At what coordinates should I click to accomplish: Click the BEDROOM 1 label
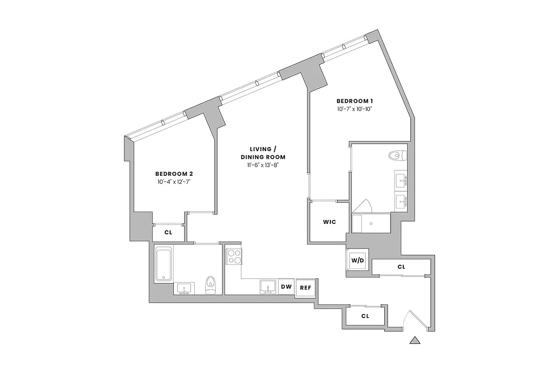[355, 101]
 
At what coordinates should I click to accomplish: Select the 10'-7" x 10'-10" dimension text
[355, 110]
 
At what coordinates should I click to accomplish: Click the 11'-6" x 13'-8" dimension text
[263, 165]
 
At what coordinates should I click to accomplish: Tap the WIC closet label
[329, 222]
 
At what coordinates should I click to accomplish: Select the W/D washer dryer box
[357, 260]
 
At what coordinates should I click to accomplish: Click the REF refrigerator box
[305, 287]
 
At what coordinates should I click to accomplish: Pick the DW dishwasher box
[286, 287]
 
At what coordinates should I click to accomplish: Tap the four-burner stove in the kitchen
[234, 256]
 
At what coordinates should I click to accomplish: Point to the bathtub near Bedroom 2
[163, 264]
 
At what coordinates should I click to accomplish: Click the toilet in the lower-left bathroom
[211, 284]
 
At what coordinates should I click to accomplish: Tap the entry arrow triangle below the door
[415, 340]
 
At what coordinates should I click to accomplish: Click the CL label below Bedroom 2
[168, 232]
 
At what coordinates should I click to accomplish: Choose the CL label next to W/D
[401, 267]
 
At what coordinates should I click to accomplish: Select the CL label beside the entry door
[365, 316]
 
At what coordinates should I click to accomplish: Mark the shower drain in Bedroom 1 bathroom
[371, 224]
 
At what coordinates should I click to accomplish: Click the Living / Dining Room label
[263, 152]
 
